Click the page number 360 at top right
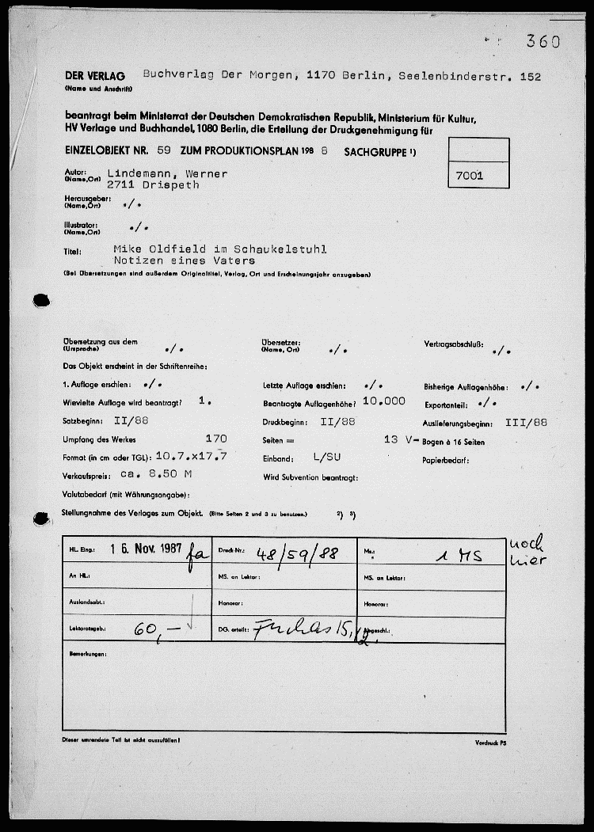543,42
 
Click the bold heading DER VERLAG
95,77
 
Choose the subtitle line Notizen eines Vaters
185,260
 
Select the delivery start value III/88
526,422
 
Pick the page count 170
215,439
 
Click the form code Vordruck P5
492,743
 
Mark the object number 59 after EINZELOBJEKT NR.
164,149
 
